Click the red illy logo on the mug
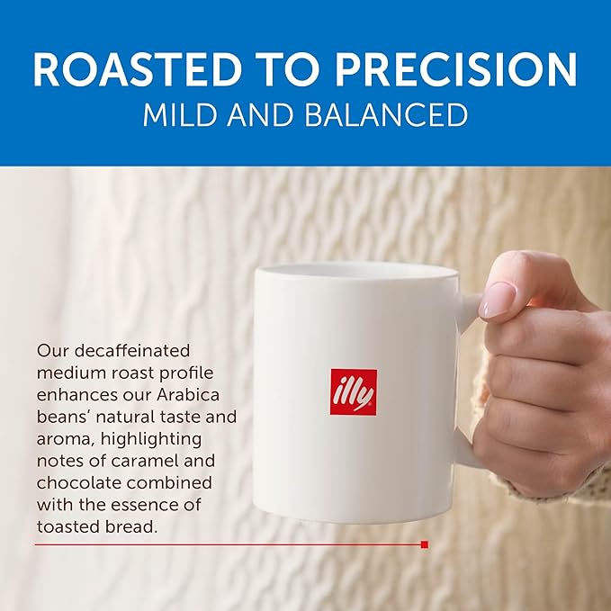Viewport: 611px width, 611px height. point(353,391)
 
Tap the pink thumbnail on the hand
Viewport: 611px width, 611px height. point(499,300)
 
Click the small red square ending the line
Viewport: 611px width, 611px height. point(424,544)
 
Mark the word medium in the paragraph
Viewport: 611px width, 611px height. point(68,371)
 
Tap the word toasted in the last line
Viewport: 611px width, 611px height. point(70,526)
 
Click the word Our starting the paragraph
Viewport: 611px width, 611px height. point(51,349)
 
